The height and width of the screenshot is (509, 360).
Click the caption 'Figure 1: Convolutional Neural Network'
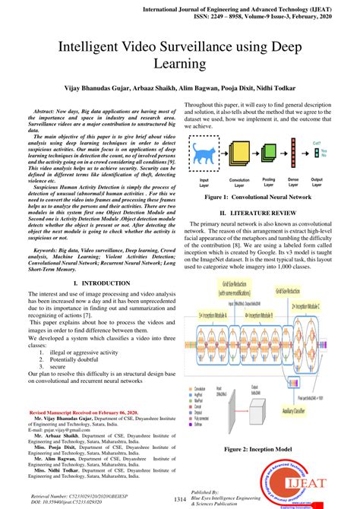tap(264, 197)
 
